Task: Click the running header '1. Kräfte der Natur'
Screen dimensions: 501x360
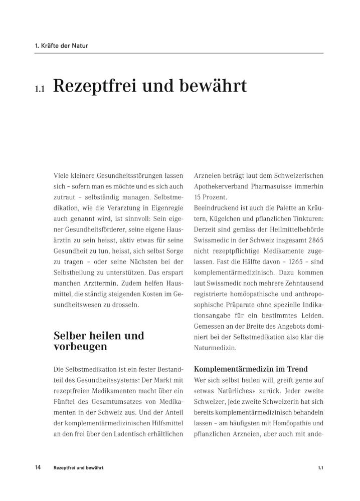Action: pyautogui.click(x=62, y=46)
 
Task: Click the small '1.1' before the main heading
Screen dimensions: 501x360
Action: pyautogui.click(x=40, y=89)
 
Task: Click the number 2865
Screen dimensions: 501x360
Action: pyautogui.click(x=313, y=240)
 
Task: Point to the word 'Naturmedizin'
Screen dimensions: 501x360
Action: pyautogui.click(x=215, y=347)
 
